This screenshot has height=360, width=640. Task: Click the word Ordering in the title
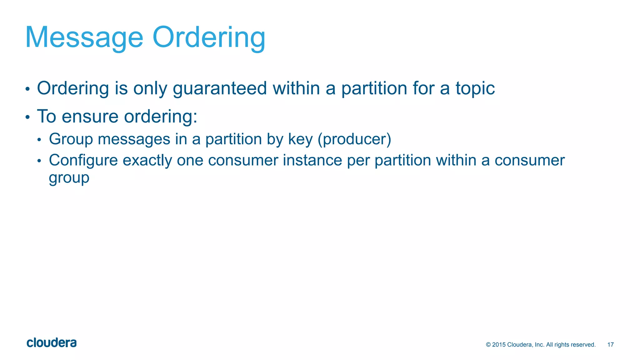tap(209, 38)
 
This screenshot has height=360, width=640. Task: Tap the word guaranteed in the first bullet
tap(220, 89)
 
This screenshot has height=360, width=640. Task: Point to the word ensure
tap(90, 117)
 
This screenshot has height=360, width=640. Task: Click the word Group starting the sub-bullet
tap(71, 139)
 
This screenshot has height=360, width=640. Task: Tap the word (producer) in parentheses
tap(354, 139)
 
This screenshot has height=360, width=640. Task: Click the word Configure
tap(83, 161)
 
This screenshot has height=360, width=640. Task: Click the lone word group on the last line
tap(69, 178)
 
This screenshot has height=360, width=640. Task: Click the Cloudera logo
tap(52, 343)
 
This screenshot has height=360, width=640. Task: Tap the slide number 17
tap(610, 345)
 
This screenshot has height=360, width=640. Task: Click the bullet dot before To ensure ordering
tap(27, 117)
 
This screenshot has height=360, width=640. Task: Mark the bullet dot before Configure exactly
tap(39, 161)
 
